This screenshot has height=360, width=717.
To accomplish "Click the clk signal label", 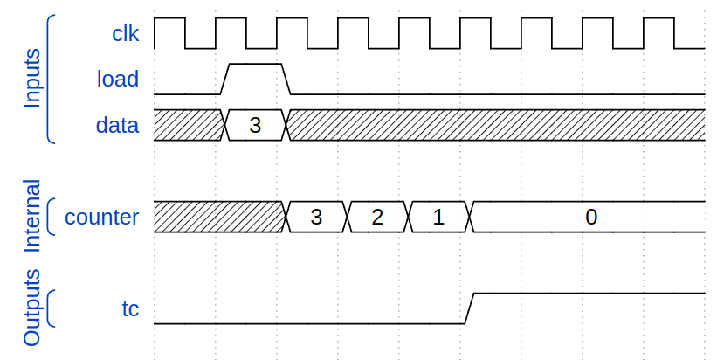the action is pos(126,33).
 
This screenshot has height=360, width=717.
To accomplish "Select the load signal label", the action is pos(118,80).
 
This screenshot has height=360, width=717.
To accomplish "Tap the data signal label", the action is pos(117,125).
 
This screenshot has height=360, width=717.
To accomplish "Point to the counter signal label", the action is pos(101,217).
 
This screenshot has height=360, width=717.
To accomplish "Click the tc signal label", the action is pos(130,308).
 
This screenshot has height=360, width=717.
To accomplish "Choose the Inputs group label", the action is pos(31,79).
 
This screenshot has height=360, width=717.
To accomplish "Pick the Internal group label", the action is pos(31,217).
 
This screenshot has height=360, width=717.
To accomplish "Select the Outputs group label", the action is pos(31,308).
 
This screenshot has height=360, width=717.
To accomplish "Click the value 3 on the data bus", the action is pos(255,125).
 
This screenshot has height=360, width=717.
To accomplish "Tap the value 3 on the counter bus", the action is pos(316,217).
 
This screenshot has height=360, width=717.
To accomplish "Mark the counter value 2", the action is pos(377,217).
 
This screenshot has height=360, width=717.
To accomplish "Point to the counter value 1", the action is pos(438,217).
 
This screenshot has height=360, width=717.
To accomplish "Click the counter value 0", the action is pos(591,217).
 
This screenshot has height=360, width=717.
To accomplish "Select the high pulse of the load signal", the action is pos(255,65).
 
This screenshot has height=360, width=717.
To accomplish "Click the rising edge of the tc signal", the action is pos(469,308).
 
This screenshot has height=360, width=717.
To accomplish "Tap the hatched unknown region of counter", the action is pos(218,217).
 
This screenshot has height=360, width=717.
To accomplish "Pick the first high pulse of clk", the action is pos(169,19).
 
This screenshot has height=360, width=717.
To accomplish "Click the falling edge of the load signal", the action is pos(286,79).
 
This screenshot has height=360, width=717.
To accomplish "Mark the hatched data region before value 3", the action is pos(188,125).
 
